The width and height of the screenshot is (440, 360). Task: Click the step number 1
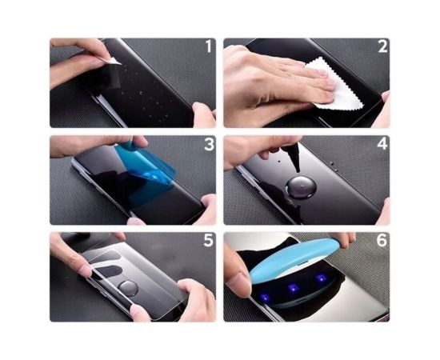(x=208, y=47)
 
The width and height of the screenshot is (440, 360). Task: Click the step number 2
(x=382, y=47)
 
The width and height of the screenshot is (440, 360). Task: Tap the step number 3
(x=208, y=145)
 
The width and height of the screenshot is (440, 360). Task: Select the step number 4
(x=382, y=145)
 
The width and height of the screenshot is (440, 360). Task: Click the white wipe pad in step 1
(x=114, y=61)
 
